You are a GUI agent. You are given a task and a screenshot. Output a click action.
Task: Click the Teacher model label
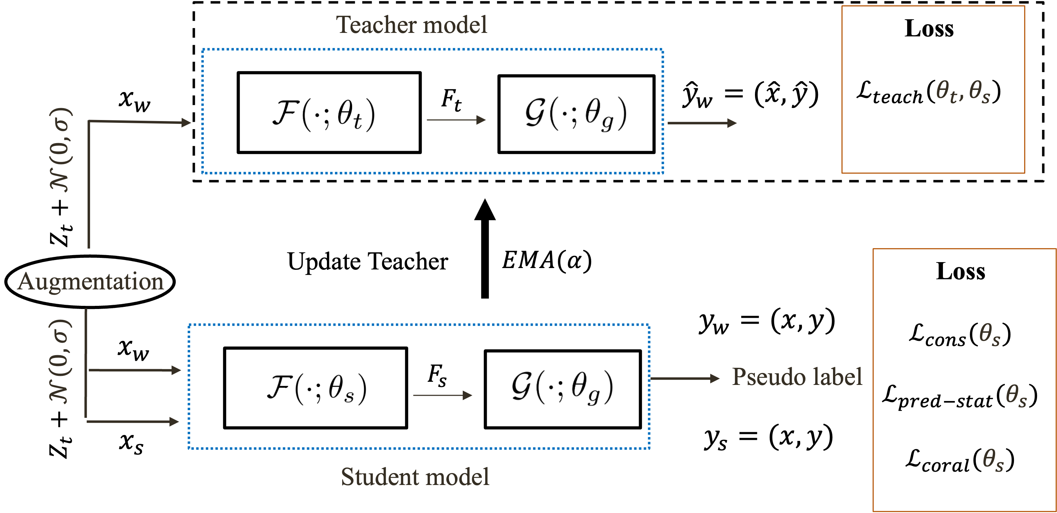tap(412, 24)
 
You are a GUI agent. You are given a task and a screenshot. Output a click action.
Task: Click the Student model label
tap(415, 477)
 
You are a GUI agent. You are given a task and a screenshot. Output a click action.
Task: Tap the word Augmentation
tap(90, 282)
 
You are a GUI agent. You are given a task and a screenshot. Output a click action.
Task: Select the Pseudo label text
tap(797, 377)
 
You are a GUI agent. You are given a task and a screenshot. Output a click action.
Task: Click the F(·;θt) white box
tap(324, 114)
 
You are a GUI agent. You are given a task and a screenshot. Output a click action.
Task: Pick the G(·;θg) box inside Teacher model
tap(576, 114)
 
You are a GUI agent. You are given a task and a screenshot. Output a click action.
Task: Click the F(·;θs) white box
tap(317, 387)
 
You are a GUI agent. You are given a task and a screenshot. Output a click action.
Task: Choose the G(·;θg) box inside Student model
tap(562, 387)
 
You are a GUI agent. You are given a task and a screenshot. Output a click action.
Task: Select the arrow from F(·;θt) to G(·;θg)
tap(456, 120)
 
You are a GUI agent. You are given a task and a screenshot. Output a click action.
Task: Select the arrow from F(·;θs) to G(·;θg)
tap(443, 395)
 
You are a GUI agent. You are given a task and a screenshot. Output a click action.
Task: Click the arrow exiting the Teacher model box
tap(702, 123)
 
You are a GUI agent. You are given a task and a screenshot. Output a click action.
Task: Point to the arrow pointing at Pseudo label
tap(685, 378)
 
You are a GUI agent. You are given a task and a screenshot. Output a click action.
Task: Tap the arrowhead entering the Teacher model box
tap(186, 122)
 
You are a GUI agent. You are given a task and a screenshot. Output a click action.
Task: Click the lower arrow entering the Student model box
tap(133, 421)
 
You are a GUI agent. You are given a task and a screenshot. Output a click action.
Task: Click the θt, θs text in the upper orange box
tap(962, 92)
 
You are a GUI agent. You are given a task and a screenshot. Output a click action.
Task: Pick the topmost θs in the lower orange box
tap(989, 334)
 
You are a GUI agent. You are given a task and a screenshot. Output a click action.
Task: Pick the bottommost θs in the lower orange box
tap(993, 460)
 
